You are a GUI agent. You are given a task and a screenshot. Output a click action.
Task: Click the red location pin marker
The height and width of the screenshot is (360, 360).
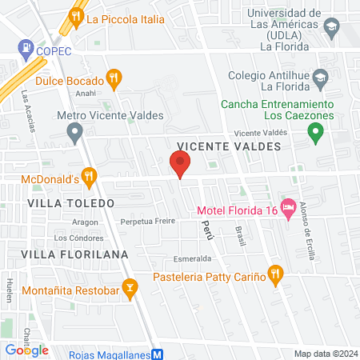click(x=180, y=165)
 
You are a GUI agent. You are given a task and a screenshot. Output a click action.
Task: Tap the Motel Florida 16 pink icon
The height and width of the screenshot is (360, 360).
click(x=289, y=204)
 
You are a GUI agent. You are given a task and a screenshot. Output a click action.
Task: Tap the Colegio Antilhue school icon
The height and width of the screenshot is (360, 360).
click(x=321, y=78)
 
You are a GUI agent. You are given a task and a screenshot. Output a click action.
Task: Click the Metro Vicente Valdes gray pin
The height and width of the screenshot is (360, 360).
click(x=75, y=130)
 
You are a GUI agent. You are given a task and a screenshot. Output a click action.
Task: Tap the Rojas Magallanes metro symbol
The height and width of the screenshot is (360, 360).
click(x=158, y=352)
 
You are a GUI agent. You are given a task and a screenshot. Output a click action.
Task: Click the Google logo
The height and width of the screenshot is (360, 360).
click(x=26, y=350)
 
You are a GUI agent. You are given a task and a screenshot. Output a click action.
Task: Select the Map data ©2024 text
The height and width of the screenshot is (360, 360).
click(x=324, y=354)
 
